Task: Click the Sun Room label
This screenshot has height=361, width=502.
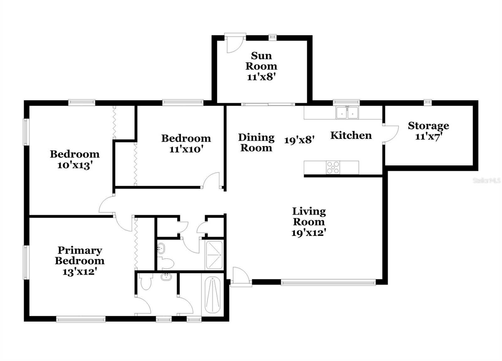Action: pos(261,61)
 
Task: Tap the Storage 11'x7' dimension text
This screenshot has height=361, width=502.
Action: pos(429,137)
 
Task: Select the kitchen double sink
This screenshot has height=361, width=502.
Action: pos(347,113)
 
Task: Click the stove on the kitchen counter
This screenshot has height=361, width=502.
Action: pos(333,167)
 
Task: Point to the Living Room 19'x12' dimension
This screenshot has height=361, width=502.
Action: pos(308,233)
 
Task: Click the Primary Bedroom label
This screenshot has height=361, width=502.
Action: pos(79,256)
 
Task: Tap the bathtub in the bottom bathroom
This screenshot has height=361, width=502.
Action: pos(212,295)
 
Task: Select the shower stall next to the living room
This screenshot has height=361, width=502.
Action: pos(214,255)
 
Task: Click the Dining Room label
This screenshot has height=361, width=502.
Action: pos(256,143)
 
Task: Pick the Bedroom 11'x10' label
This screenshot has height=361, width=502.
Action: pos(186,143)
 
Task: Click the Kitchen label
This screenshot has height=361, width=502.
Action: pos(351,135)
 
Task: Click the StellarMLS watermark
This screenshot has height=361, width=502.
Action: pos(487,180)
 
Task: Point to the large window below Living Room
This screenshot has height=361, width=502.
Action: pos(328,283)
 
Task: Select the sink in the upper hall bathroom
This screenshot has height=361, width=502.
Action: pos(161,248)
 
